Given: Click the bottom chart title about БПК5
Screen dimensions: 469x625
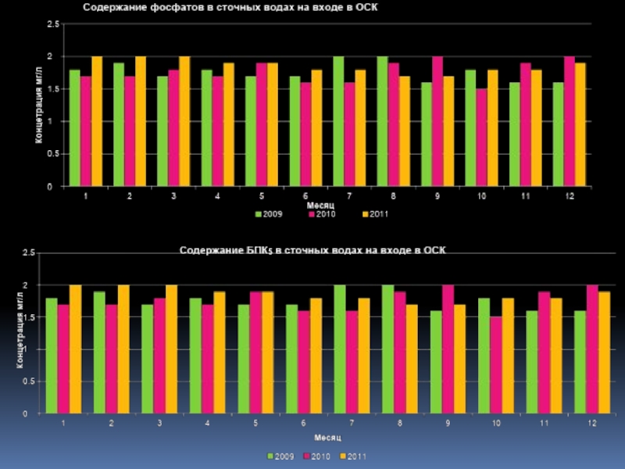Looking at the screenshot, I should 312,250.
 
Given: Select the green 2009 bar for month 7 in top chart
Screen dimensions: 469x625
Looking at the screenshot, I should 338,121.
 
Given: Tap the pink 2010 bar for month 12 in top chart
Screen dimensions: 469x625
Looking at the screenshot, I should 569,121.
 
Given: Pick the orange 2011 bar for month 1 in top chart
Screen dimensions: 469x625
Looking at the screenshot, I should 97,121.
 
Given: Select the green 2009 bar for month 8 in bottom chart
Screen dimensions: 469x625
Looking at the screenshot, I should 387,349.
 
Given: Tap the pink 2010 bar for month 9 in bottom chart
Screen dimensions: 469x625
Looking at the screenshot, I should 448,349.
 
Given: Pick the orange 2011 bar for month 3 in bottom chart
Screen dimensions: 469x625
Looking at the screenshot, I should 171,349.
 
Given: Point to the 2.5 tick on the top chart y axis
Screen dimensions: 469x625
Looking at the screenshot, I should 52,24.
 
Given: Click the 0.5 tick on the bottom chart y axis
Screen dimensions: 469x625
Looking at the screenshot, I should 28,381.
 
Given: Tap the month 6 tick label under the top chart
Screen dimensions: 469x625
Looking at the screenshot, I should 305,196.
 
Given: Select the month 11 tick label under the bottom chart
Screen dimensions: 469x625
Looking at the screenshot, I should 544,423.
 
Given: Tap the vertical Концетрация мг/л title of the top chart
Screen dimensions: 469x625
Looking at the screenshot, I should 37,105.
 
